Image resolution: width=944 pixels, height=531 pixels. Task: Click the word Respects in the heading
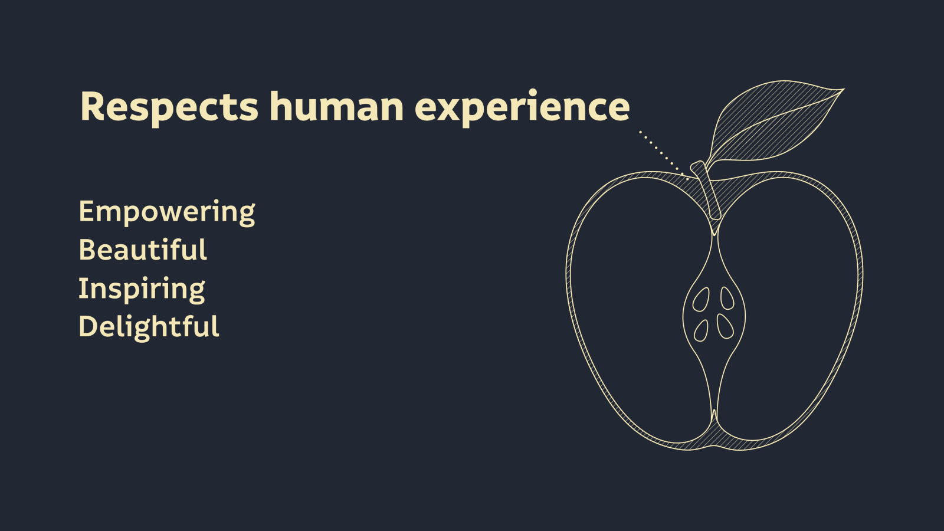169,107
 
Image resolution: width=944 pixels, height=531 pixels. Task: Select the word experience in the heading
522,108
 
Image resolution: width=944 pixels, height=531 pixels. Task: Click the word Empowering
167,213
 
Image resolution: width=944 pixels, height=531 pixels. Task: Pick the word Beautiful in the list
143,250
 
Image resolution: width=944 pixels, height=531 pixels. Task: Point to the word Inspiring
142,290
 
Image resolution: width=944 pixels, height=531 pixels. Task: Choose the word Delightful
149,327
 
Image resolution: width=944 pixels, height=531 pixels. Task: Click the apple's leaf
775,122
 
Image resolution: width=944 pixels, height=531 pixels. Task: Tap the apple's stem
706,189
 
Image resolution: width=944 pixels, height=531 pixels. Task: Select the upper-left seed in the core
701,300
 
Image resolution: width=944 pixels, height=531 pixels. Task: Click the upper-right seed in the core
727,299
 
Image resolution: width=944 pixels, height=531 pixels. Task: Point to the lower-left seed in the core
701,331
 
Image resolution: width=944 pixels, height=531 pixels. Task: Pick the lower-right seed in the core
725,327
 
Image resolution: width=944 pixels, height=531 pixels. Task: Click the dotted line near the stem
664,156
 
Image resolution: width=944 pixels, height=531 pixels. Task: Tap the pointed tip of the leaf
844,89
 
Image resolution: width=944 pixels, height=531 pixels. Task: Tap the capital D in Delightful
89,326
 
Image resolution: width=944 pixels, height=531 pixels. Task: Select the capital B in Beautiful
88,250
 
